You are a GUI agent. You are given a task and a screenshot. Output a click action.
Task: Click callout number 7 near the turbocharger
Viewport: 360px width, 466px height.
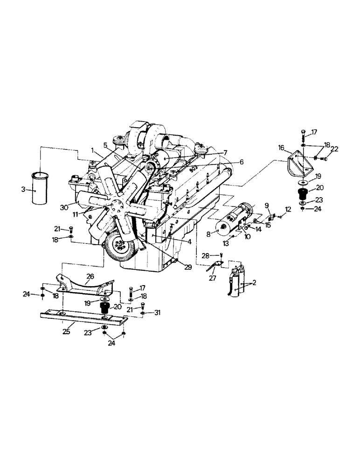point(225,152)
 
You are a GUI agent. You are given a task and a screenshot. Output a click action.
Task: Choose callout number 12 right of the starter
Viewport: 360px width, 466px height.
point(288,210)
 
